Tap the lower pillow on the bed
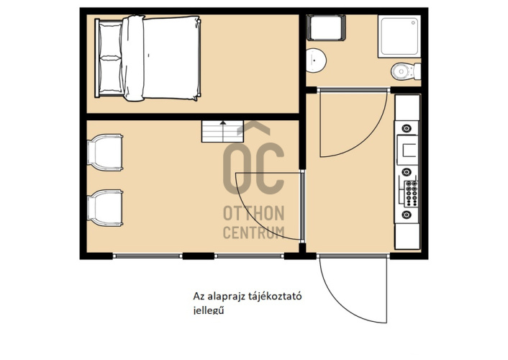[111, 74]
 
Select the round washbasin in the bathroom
[316, 60]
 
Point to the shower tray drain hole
[414, 23]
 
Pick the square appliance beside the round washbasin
[326, 28]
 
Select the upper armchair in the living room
[105, 152]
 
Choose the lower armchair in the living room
[105, 207]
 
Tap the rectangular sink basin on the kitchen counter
[407, 150]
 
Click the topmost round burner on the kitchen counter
[407, 128]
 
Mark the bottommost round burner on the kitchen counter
[407, 215]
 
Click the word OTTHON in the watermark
[254, 213]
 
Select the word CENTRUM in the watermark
[254, 233]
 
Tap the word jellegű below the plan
[209, 310]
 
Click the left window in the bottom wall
[148, 256]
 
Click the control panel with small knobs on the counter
[412, 194]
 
